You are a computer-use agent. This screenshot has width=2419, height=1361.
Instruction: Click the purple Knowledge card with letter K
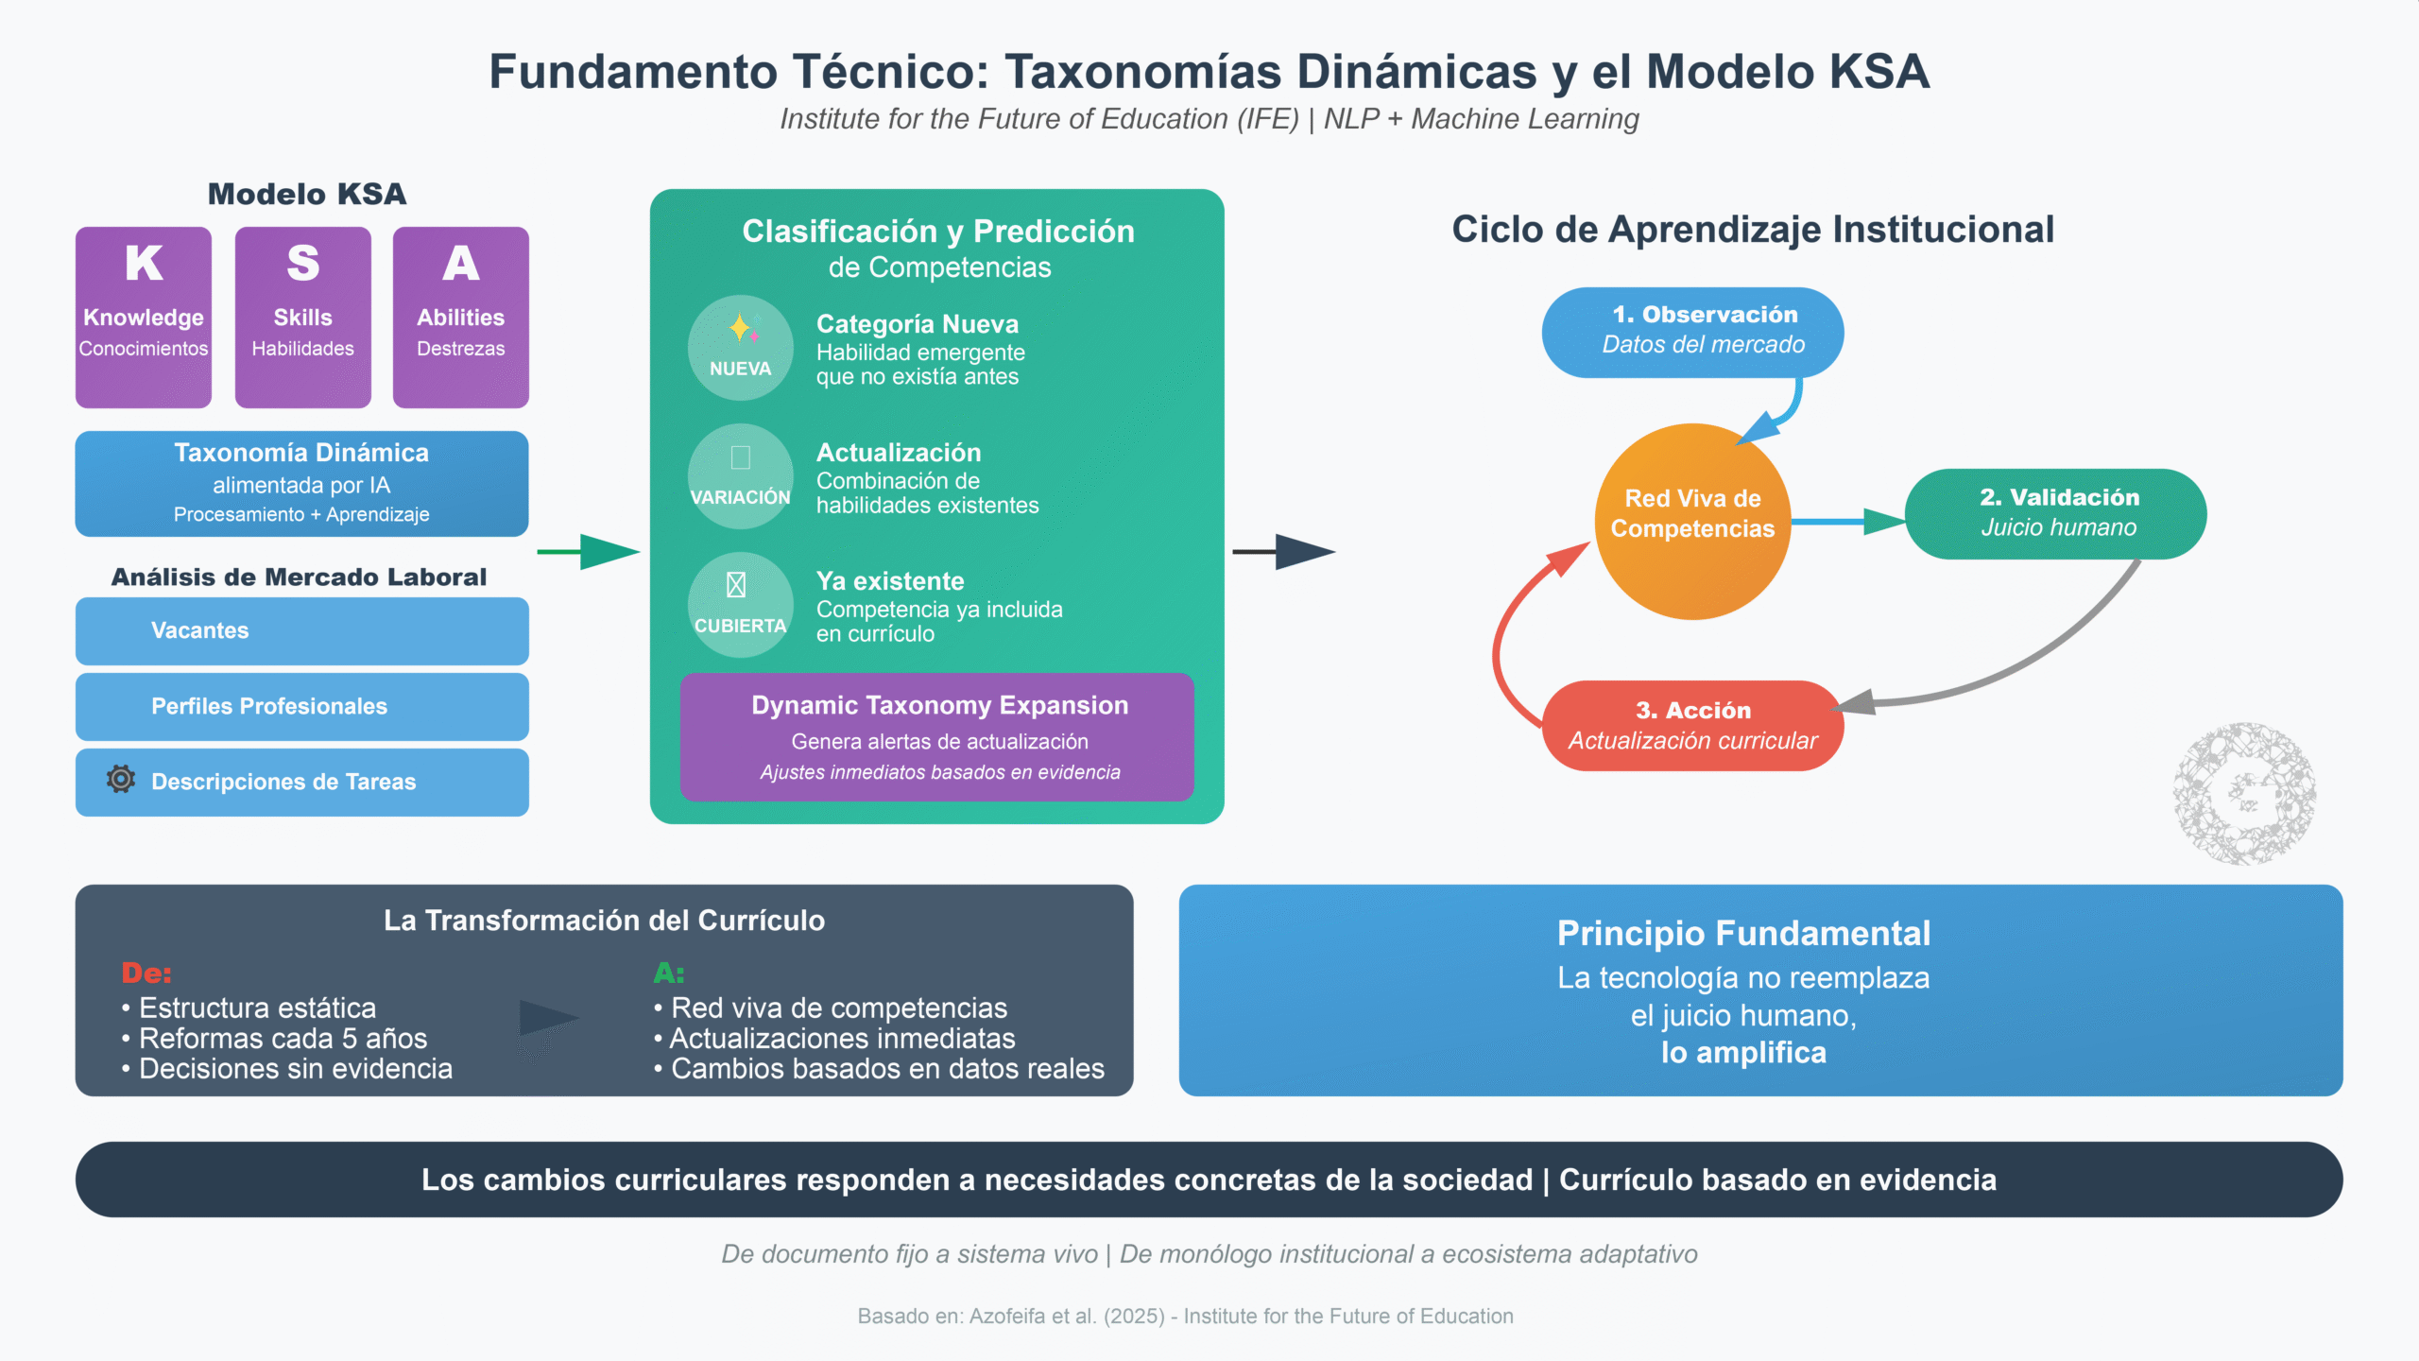[x=144, y=317]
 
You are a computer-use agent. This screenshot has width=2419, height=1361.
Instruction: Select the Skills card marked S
[x=302, y=317]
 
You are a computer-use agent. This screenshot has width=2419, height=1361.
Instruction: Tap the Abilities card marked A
[x=461, y=317]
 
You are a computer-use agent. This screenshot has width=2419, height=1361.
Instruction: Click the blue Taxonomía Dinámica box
[x=301, y=483]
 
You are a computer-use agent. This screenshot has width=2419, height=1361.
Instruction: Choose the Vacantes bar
[x=301, y=630]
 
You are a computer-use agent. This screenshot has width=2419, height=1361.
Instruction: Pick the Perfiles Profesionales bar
[x=301, y=706]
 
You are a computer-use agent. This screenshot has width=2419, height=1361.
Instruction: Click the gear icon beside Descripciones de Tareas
[x=121, y=780]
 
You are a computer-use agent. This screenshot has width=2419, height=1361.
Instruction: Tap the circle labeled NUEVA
[x=740, y=347]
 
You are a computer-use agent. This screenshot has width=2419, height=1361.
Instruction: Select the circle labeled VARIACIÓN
[x=740, y=475]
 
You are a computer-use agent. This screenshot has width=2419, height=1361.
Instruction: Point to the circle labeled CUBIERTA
[x=740, y=604]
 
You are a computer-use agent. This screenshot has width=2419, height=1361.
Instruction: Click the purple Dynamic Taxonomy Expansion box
[x=936, y=736]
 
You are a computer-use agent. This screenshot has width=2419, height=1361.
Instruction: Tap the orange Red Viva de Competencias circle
[x=1692, y=521]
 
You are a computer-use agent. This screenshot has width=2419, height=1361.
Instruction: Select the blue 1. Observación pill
[x=1692, y=332]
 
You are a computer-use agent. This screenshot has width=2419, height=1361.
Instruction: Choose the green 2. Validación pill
[x=2055, y=513]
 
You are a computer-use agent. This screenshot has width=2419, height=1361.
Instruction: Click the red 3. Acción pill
[x=1692, y=725]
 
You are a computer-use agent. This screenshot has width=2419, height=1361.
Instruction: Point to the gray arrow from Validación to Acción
[x=2032, y=662]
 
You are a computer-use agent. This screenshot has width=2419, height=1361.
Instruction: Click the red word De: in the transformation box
[x=146, y=973]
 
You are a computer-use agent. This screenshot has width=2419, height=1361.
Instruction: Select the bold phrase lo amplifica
[x=1743, y=1052]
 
